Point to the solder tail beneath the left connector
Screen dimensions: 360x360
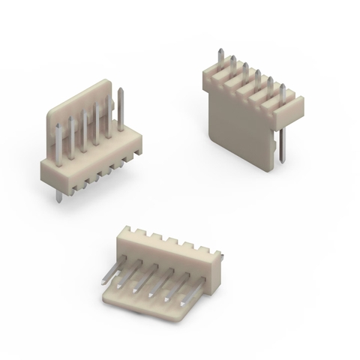pos(58,193)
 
